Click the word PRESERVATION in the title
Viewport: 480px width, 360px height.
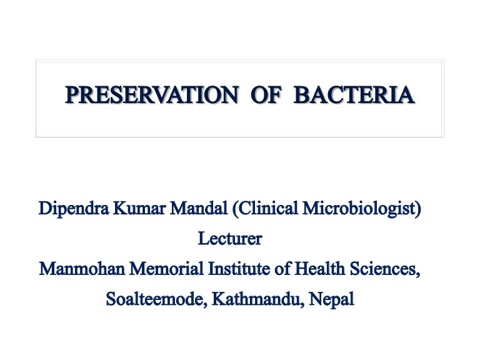(152, 95)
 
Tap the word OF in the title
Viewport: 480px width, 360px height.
(266, 95)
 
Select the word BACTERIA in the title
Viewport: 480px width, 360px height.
(354, 95)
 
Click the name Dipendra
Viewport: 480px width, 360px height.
(74, 209)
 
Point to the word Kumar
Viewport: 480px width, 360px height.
(139, 208)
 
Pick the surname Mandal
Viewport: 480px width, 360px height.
(199, 208)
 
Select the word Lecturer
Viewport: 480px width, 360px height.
(230, 239)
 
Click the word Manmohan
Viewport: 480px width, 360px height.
(82, 269)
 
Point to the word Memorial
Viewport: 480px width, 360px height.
(166, 269)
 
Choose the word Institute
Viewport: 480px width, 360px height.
(239, 269)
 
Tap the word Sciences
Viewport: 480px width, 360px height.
(385, 269)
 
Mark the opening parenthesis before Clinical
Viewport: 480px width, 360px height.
(235, 209)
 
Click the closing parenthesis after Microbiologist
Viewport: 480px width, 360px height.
(418, 209)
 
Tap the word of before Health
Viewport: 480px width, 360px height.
(282, 269)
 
